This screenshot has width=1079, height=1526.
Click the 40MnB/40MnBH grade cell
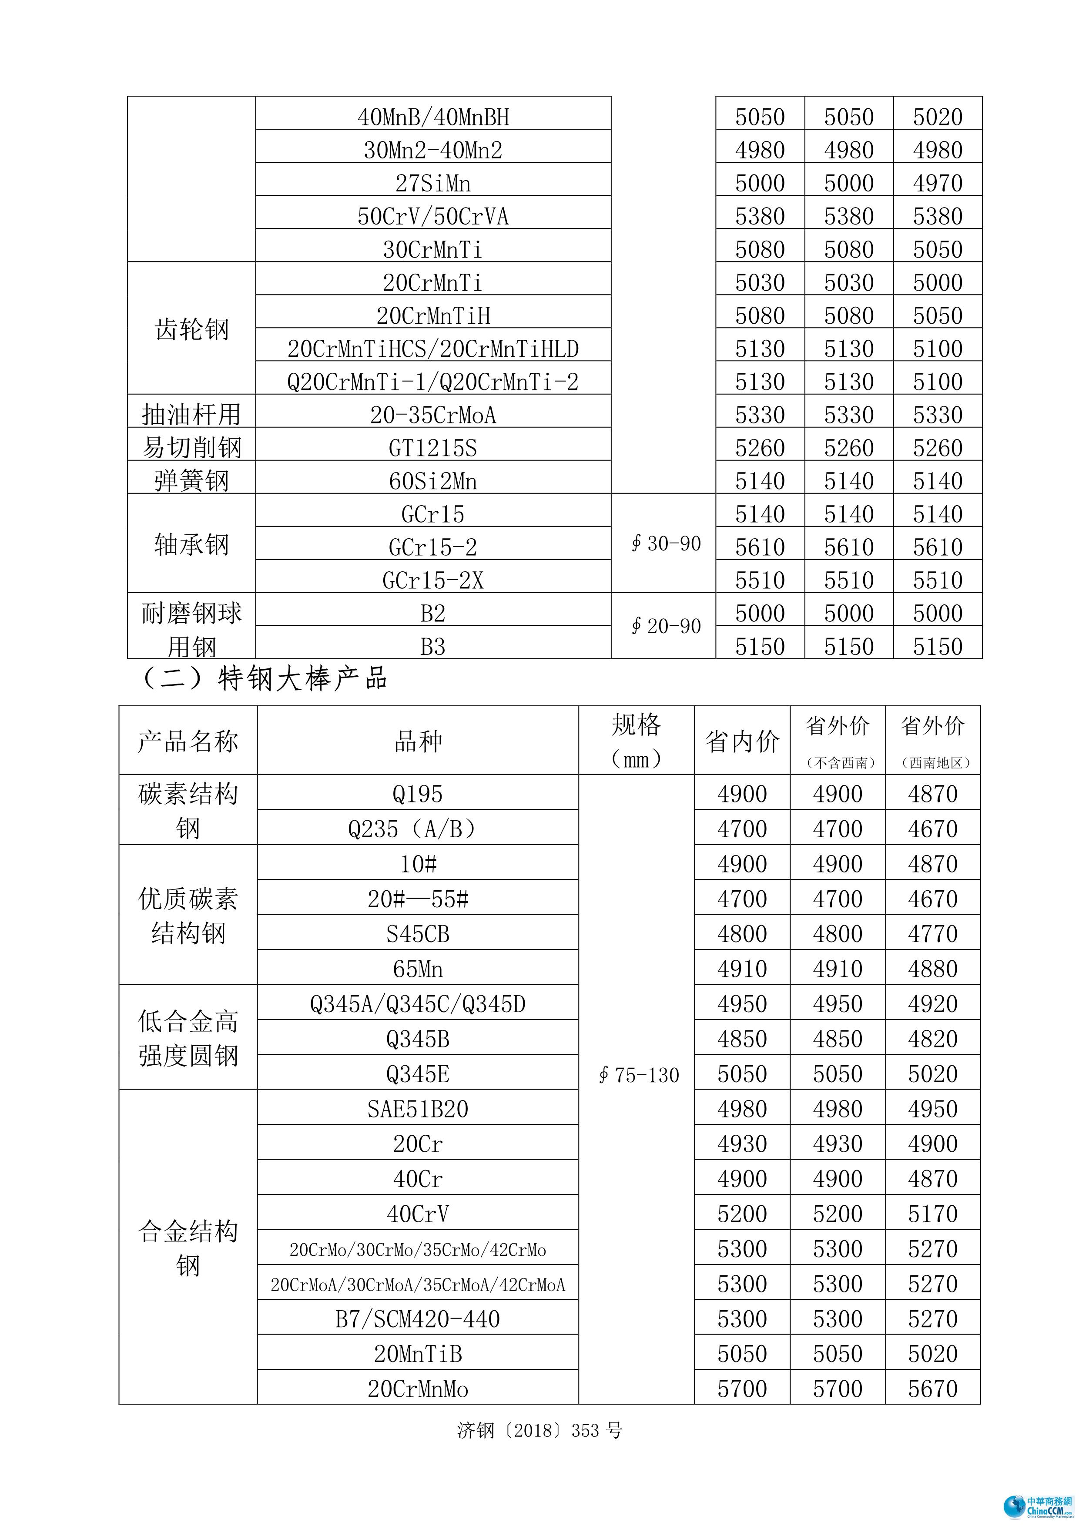point(433,117)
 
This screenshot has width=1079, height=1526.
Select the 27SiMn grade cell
point(433,183)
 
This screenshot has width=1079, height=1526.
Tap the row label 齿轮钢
point(191,329)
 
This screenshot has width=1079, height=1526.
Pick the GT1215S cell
point(433,448)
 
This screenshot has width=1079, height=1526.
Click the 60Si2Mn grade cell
point(433,480)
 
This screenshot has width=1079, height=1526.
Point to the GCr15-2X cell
point(433,580)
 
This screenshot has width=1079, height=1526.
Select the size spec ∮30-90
point(666,543)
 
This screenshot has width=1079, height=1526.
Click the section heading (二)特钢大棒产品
point(265,679)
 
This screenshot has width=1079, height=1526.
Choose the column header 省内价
point(742,741)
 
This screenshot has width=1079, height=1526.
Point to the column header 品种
point(418,741)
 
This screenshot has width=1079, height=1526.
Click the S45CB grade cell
point(418,934)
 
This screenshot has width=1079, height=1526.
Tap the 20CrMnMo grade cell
point(418,1388)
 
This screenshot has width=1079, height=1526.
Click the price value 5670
point(933,1388)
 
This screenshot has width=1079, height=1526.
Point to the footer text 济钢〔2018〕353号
point(539,1430)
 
